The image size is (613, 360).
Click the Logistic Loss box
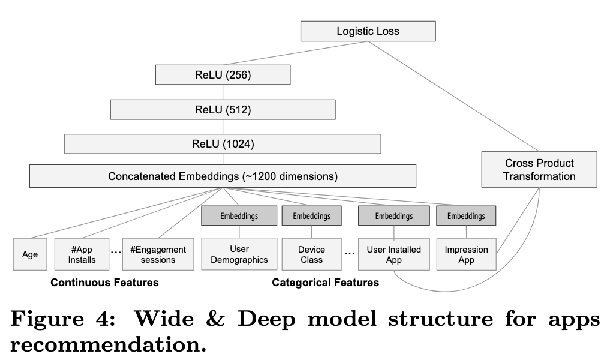click(368, 31)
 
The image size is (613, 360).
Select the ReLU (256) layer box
click(223, 74)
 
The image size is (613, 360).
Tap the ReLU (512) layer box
click(223, 109)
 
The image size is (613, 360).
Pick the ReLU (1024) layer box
click(223, 144)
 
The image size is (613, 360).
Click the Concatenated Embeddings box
click(223, 176)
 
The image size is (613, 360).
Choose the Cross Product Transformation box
click(539, 170)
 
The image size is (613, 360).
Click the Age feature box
click(30, 254)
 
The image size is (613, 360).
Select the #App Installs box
click(82, 254)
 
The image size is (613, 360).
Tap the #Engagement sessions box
click(158, 254)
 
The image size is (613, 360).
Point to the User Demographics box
click(239, 254)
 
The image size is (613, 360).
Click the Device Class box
click(311, 254)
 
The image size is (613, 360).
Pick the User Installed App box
click(393, 254)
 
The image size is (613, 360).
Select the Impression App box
click(467, 254)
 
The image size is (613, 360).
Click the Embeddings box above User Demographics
click(239, 216)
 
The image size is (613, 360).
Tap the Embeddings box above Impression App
click(466, 216)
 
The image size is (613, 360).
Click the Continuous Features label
click(104, 283)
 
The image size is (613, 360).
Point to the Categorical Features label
click(325, 283)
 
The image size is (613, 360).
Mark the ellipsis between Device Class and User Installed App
click(350, 254)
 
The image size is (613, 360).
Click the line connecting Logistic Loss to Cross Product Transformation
click(453, 97)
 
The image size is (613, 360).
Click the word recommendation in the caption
click(108, 344)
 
